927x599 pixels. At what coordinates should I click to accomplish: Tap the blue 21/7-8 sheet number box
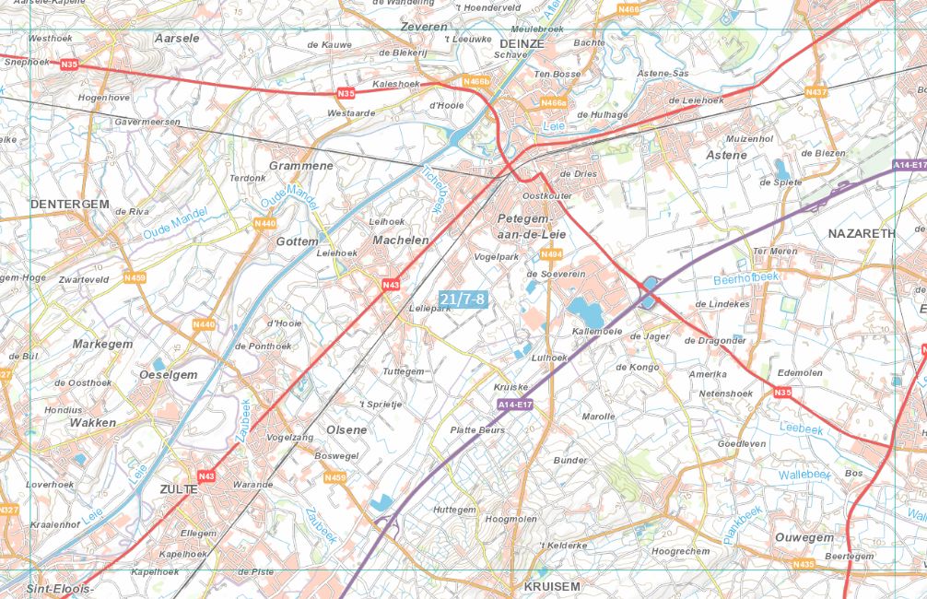[x=462, y=299]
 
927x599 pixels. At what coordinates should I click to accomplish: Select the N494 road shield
[x=551, y=253]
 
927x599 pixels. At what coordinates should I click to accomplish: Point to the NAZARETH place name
[x=862, y=233]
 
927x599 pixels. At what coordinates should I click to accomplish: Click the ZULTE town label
[x=179, y=489]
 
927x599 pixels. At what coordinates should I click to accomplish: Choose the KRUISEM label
[x=552, y=586]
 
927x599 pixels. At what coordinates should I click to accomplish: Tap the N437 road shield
[x=816, y=92]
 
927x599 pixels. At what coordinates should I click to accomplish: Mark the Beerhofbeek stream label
[x=745, y=276]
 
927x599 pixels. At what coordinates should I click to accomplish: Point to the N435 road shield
[x=804, y=563]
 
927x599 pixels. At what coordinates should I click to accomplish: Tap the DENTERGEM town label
[x=69, y=204]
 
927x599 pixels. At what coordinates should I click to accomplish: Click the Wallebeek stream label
[x=804, y=474]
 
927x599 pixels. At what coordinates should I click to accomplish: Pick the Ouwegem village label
[x=804, y=537]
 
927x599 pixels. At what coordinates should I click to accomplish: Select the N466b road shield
[x=475, y=82]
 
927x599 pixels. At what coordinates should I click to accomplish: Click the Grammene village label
[x=300, y=166]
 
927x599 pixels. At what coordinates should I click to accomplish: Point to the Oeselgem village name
[x=168, y=374]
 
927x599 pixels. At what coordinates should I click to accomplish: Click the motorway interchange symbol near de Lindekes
[x=648, y=292]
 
